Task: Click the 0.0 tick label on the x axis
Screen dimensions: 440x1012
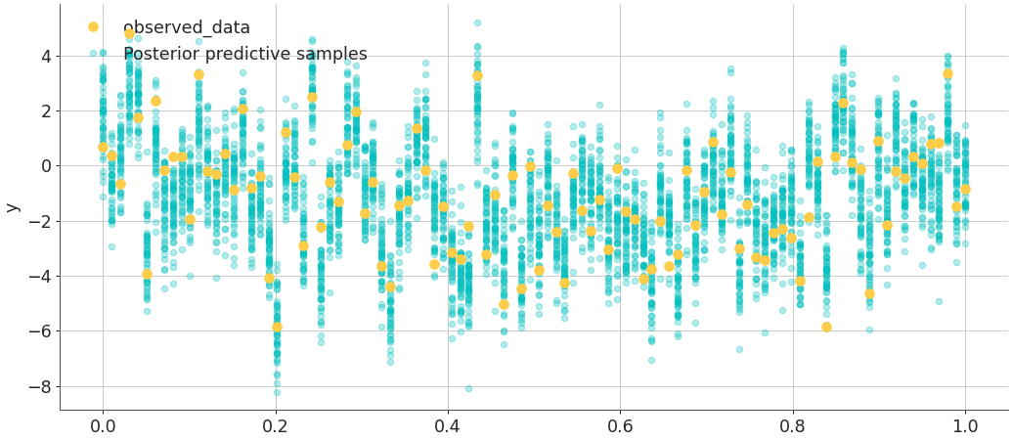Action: pyautogui.click(x=102, y=426)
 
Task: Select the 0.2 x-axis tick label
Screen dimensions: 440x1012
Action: pyautogui.click(x=275, y=426)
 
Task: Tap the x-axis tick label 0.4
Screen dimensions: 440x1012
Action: pyautogui.click(x=448, y=426)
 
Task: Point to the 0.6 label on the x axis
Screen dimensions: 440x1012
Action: pyautogui.click(x=620, y=426)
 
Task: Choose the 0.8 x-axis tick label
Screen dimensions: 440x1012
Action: pyautogui.click(x=793, y=426)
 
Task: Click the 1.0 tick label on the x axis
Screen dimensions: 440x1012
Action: pyautogui.click(x=965, y=426)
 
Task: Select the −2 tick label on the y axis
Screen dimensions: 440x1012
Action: pyautogui.click(x=36, y=221)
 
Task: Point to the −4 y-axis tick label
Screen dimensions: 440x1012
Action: pyautogui.click(x=36, y=277)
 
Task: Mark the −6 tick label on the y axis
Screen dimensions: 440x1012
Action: pyautogui.click(x=36, y=331)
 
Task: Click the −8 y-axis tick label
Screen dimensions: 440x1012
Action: pyautogui.click(x=36, y=386)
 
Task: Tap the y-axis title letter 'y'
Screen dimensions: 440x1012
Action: pyautogui.click(x=12, y=207)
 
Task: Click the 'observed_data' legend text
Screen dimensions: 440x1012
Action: pyautogui.click(x=186, y=28)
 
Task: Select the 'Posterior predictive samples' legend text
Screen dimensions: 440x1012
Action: pyautogui.click(x=244, y=55)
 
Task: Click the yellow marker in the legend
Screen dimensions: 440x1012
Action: pyautogui.click(x=93, y=27)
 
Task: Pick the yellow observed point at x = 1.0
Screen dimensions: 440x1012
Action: pyautogui.click(x=965, y=190)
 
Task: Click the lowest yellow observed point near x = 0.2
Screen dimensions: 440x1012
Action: pyautogui.click(x=277, y=327)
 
